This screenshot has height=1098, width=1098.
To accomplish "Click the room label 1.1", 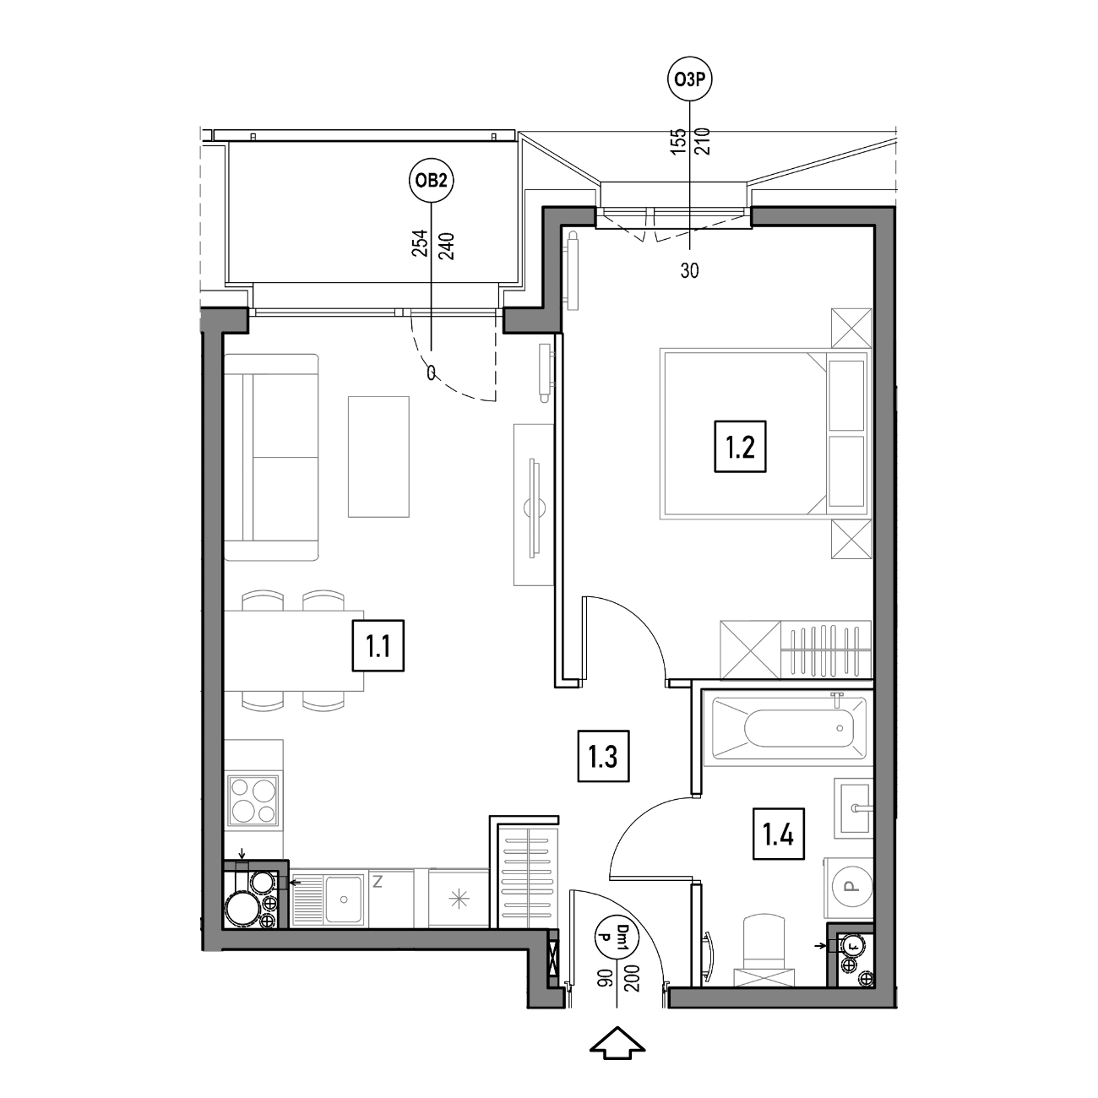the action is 378,645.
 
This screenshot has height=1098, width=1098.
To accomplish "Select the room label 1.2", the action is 740,447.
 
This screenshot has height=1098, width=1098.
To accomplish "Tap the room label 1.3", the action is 603,756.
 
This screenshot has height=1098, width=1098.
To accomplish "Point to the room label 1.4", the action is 779,834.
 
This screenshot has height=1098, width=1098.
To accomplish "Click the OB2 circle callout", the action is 432,182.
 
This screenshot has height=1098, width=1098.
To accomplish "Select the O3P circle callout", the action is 689,79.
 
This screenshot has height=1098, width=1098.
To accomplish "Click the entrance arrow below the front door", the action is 617,1043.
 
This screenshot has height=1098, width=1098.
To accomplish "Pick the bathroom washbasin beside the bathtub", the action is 854,807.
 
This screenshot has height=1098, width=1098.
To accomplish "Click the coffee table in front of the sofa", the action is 378,456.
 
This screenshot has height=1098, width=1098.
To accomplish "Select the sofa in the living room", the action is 271,457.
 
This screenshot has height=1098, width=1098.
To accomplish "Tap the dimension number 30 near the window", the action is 689,271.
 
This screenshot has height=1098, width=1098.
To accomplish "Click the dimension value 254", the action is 420,243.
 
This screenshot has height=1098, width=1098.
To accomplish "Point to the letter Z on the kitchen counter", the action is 378,882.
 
